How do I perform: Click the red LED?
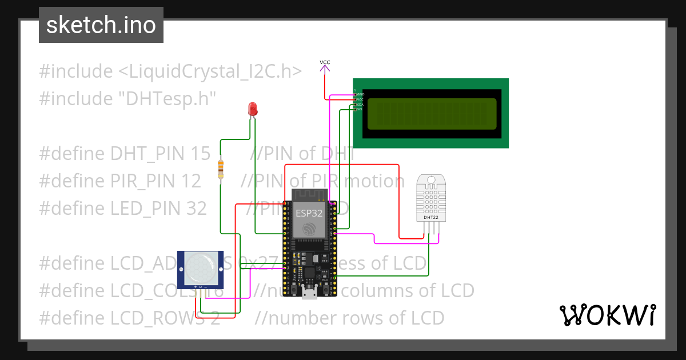coord(252,109)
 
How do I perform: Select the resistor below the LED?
coord(221,169)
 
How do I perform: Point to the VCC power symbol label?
coord(325,62)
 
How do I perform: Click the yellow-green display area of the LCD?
coord(432,114)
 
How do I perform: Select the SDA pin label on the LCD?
coord(360,105)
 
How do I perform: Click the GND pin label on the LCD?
coord(360,94)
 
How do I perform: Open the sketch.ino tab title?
coord(101,25)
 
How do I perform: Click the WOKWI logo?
coord(607,315)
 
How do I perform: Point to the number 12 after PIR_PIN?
coord(192,181)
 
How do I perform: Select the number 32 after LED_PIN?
coord(196,209)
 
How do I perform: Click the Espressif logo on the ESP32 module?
coord(309,229)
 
